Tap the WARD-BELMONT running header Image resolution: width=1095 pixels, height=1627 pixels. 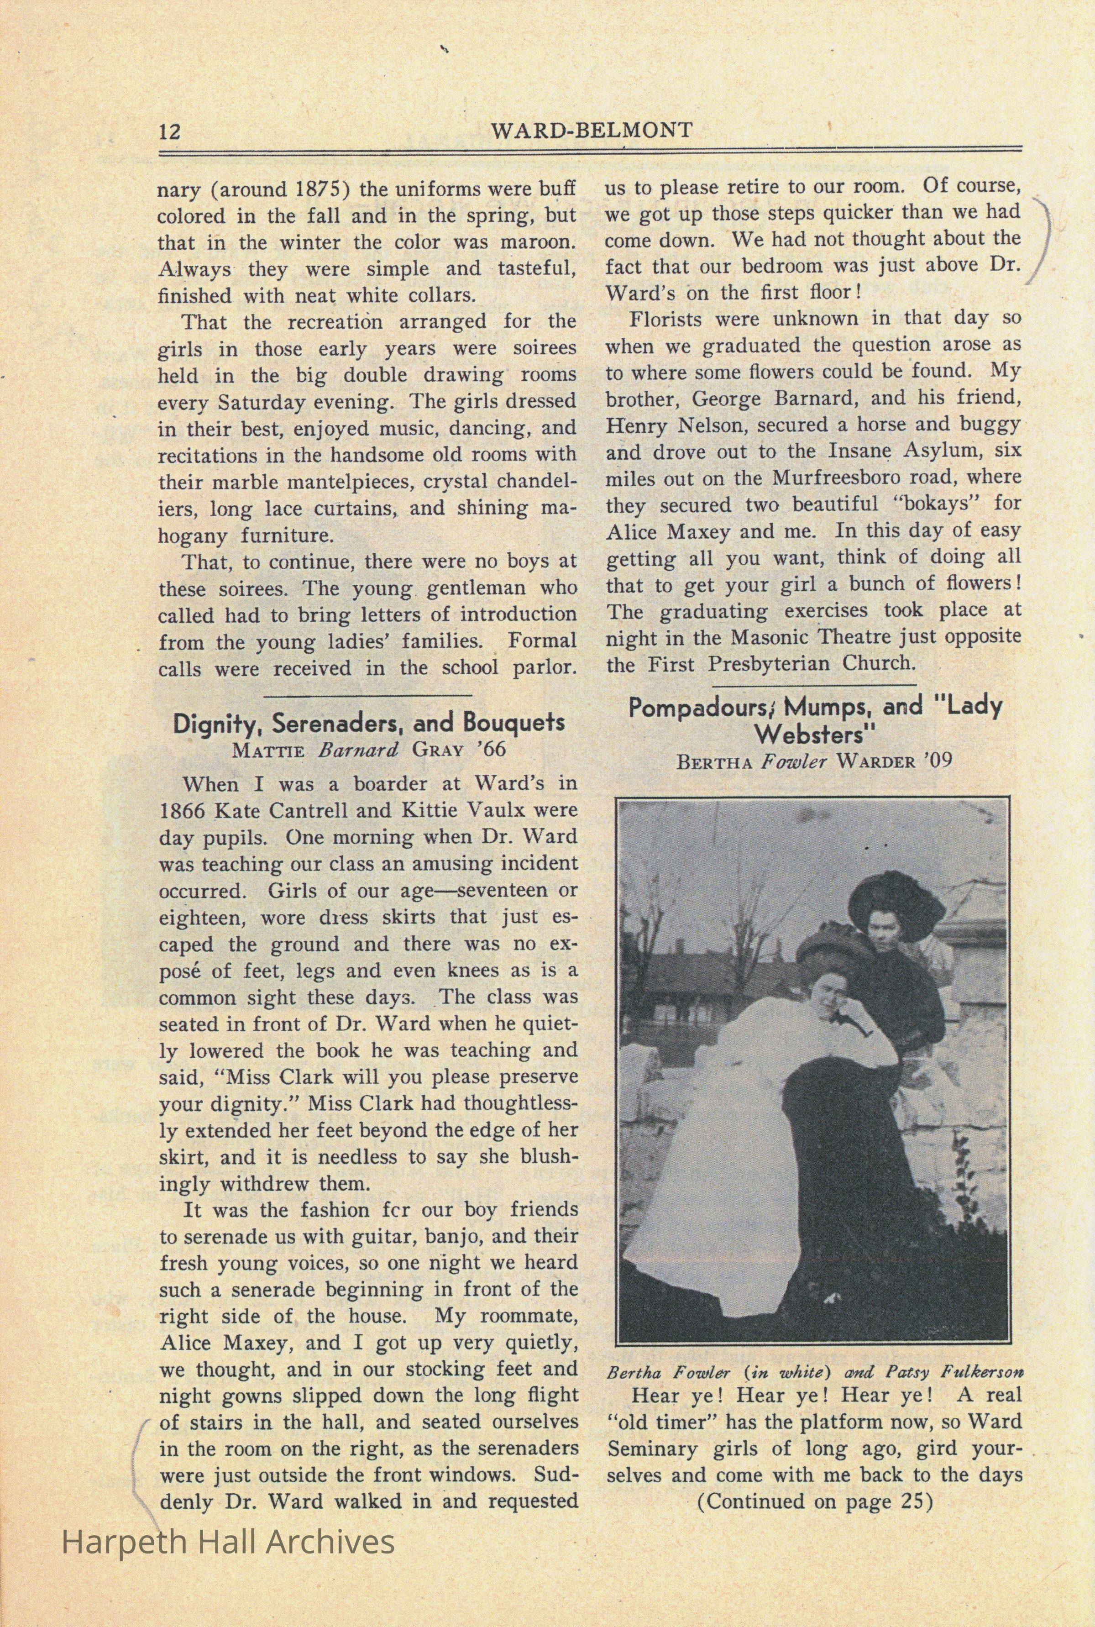[592, 130]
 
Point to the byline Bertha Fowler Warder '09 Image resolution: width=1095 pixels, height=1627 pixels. [813, 761]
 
